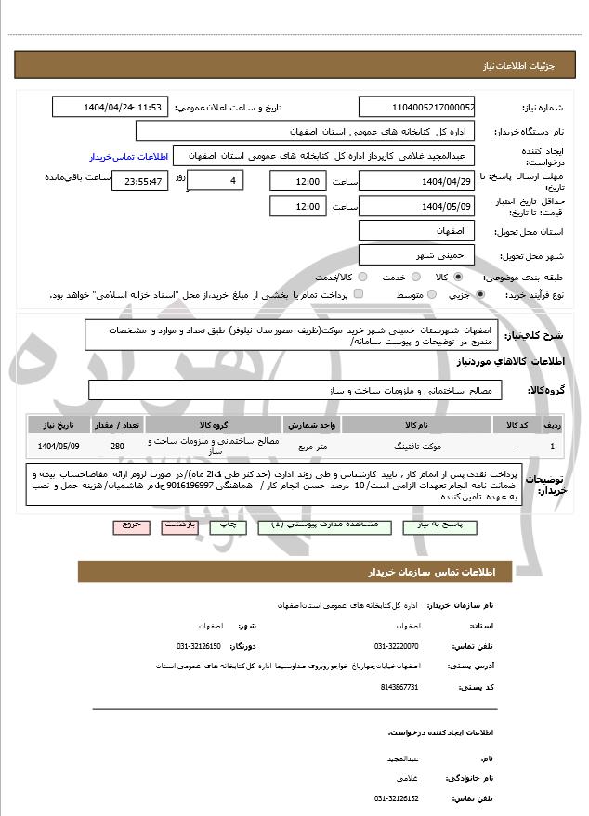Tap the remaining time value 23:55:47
click(x=140, y=181)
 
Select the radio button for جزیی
click(x=479, y=295)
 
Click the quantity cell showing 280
click(x=117, y=446)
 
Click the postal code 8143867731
click(x=399, y=686)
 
